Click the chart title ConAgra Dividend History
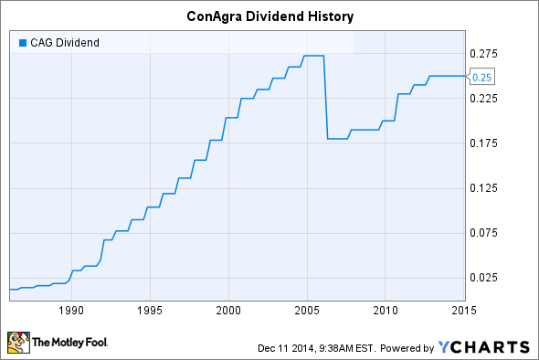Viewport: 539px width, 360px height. tap(269, 16)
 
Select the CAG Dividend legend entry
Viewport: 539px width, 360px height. tap(61, 41)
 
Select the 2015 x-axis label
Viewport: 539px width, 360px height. tap(463, 309)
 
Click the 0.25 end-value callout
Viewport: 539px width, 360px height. tap(485, 78)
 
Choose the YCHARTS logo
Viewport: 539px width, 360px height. tap(483, 346)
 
